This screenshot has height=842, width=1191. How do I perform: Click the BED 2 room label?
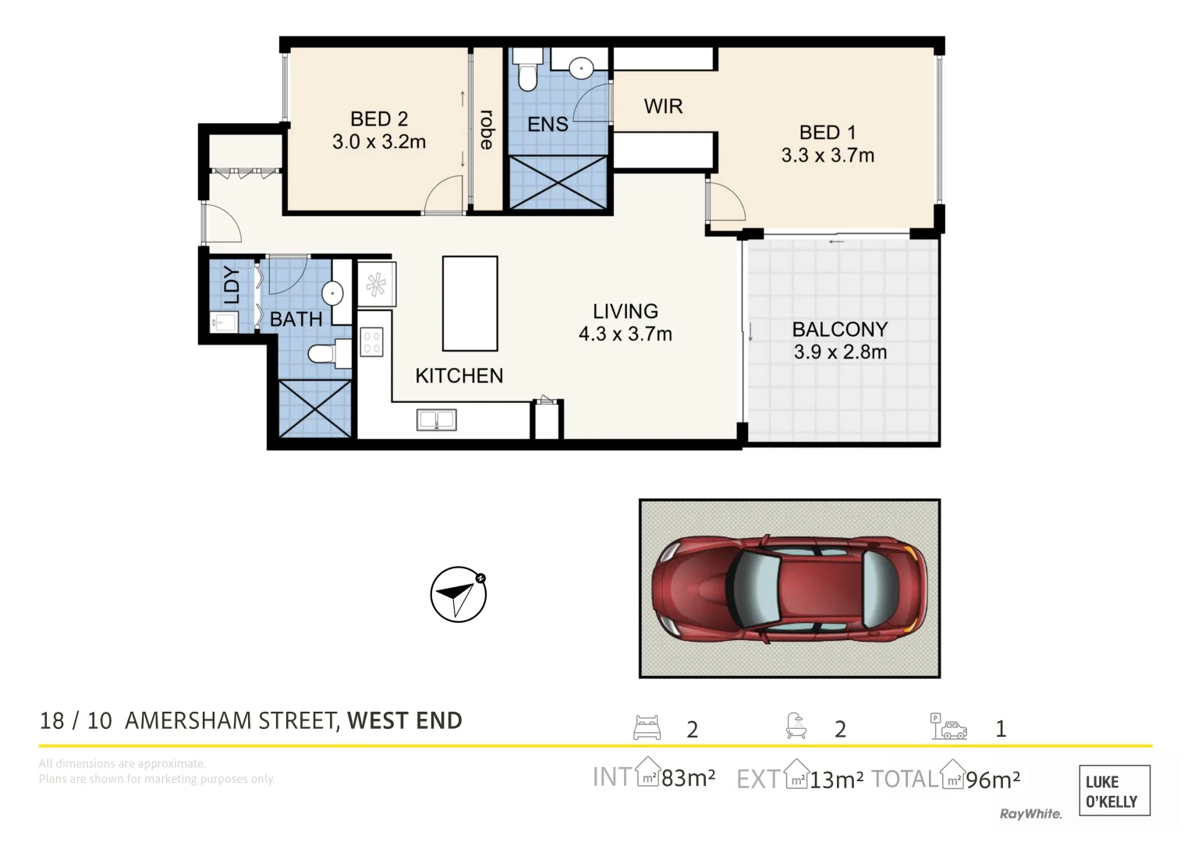click(x=378, y=119)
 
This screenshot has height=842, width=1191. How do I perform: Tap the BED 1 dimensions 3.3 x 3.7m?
click(x=828, y=156)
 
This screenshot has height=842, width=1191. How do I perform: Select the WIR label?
click(x=663, y=106)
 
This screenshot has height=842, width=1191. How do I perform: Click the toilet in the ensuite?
click(x=528, y=72)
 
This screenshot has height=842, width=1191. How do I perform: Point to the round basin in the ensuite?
click(x=581, y=69)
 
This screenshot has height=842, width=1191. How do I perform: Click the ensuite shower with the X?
click(x=557, y=182)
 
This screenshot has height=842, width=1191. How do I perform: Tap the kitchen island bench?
click(x=470, y=303)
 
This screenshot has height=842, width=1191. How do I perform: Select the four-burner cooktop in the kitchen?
click(x=372, y=342)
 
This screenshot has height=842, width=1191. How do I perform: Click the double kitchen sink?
click(x=436, y=420)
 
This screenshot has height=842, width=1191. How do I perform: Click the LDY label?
click(x=232, y=285)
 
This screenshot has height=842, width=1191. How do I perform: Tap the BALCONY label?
click(x=840, y=329)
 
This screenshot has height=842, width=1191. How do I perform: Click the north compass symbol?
click(x=459, y=594)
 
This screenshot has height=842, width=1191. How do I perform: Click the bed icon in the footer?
click(x=647, y=727)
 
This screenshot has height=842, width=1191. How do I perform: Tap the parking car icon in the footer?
click(x=948, y=727)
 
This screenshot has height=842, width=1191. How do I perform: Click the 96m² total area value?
click(x=992, y=780)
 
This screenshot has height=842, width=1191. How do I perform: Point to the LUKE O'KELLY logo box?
click(x=1114, y=791)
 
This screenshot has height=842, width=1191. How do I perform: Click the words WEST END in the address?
click(x=404, y=720)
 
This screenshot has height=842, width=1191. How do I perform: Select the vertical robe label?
click(x=487, y=129)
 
